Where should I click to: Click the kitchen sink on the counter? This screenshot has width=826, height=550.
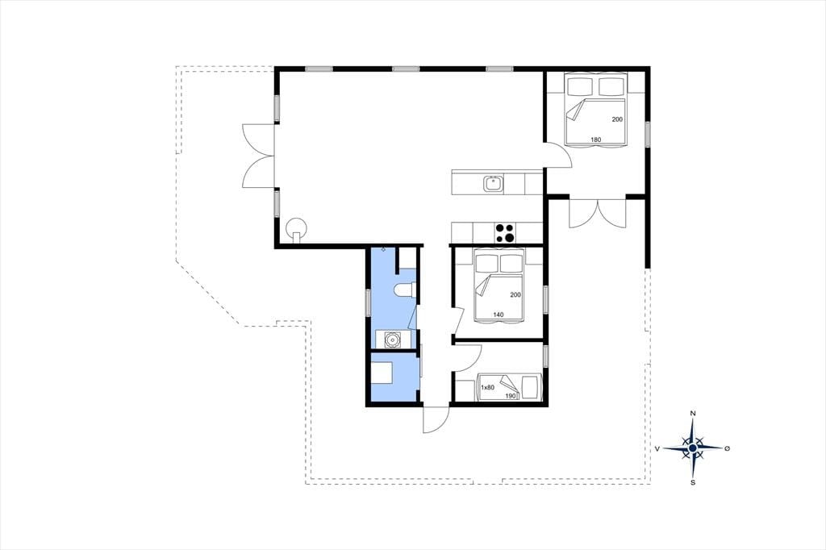click(493, 183)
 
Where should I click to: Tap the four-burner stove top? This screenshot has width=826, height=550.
click(505, 232)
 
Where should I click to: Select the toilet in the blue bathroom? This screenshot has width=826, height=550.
click(405, 290)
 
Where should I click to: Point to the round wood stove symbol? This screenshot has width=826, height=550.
click(295, 229)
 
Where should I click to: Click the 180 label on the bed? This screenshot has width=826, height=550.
click(596, 140)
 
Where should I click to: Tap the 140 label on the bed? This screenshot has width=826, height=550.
click(499, 315)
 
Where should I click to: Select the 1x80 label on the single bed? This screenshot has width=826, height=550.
click(488, 388)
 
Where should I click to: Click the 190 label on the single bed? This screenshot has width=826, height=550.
click(511, 396)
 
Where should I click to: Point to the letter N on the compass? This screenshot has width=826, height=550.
click(693, 414)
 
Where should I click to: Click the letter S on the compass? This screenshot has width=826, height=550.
click(693, 482)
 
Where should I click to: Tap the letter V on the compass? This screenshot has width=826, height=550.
click(657, 449)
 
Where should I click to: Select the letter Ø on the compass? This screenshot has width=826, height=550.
click(728, 448)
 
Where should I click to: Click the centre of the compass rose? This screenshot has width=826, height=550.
click(693, 448)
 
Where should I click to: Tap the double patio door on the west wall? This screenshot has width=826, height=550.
click(258, 156)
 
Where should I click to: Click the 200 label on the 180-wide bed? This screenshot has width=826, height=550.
click(617, 119)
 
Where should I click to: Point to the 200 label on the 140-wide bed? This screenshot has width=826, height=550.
click(515, 294)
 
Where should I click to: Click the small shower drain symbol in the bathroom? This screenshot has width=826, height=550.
click(383, 249)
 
